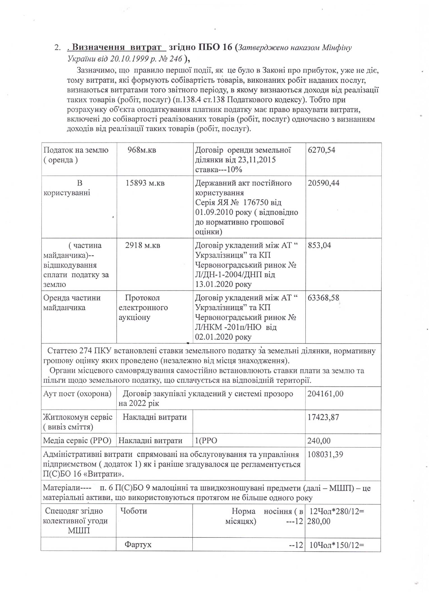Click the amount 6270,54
tap(321, 150)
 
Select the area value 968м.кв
tap(142, 150)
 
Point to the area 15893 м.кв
tap(145, 183)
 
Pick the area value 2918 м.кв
tap(143, 245)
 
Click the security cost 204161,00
tap(325, 394)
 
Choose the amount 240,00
tap(319, 441)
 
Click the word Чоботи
tap(134, 511)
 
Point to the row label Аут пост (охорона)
tap(77, 394)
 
